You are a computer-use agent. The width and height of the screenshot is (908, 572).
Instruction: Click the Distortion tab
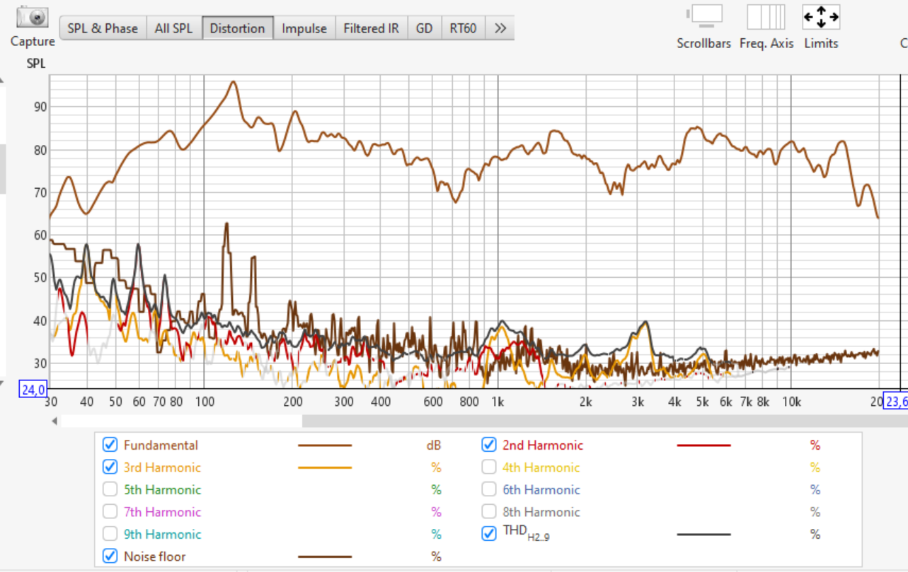coord(238,28)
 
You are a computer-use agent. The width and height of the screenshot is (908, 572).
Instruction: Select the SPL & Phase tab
coord(103,28)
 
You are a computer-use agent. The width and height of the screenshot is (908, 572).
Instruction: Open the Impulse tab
coord(304,28)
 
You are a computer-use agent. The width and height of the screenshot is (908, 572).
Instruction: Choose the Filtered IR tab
coord(371,28)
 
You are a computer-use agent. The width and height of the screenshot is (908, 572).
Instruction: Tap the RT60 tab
coord(463,28)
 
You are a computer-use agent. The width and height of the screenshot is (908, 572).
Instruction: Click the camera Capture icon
coord(33,17)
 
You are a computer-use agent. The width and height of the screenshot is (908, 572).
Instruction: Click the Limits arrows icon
coord(821,17)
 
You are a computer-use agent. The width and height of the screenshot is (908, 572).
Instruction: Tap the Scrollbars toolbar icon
coord(706,16)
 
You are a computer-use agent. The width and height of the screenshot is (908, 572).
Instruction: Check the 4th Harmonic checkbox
coord(489,467)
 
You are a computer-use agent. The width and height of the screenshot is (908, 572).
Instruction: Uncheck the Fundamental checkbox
coord(110,445)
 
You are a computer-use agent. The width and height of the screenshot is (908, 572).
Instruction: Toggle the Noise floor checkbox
coord(110,556)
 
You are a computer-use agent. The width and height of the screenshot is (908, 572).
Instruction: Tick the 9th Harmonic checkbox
coord(110,534)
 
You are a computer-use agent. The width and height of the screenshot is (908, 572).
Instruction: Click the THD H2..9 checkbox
coord(489,534)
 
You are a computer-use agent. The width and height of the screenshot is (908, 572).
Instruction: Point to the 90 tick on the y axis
coord(40,107)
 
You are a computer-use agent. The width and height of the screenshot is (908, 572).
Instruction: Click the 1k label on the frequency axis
coord(498,402)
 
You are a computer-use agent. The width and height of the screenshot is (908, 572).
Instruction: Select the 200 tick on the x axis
coord(293,402)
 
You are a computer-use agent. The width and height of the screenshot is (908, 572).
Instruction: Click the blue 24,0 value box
coord(33,390)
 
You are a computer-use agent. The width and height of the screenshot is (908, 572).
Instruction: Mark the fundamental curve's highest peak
coord(234,82)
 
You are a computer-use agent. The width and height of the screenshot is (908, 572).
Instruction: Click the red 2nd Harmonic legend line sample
coord(703,445)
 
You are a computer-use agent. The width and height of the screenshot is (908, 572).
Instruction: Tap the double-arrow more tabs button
coord(500,28)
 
